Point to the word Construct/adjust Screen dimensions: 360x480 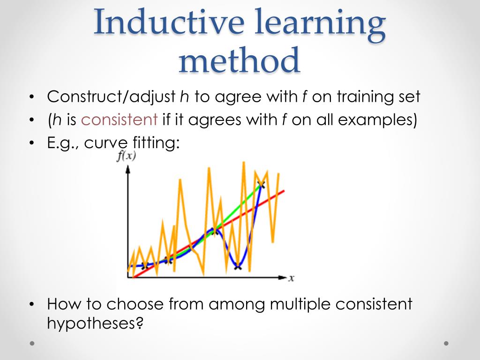(111, 97)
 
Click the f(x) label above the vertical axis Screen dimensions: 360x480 (126, 157)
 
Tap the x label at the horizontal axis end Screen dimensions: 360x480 (291, 278)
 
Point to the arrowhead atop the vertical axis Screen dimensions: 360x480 (127, 169)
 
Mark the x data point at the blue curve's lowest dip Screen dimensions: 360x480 (237, 267)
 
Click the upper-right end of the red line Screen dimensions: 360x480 (283, 191)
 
